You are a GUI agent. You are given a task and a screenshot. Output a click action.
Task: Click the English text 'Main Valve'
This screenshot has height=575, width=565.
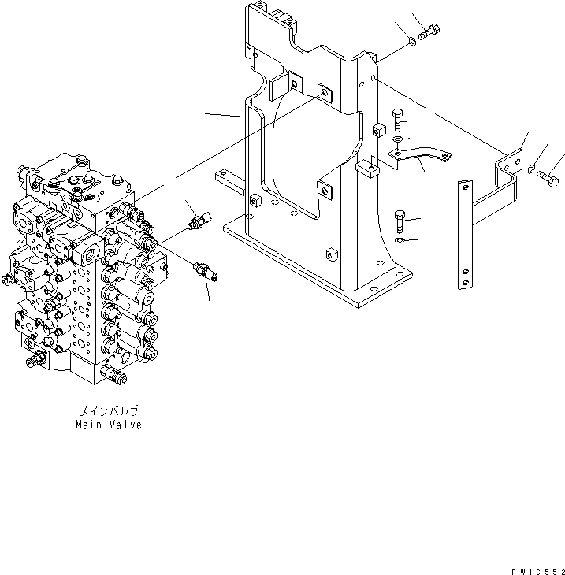pos(109,425)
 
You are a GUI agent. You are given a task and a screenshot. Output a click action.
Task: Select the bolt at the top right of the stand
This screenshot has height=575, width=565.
pos(431,32)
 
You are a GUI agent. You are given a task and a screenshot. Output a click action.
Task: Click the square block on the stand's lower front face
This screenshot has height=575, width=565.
pos(330,254)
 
